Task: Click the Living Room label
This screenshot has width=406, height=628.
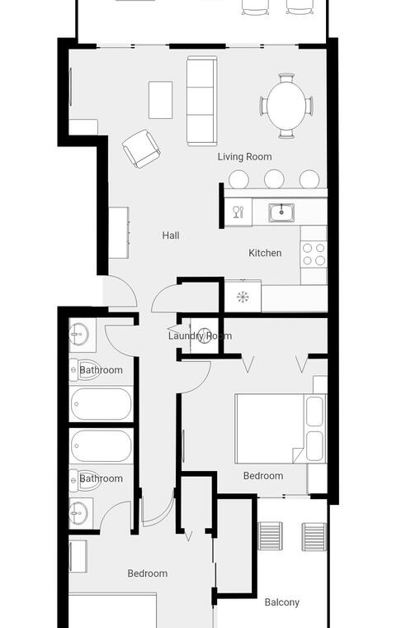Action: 244,157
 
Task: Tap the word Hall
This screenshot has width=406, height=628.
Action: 171,235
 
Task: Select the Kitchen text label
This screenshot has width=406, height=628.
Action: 265,253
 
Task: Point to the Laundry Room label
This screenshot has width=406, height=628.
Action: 200,336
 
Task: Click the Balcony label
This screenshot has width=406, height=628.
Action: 282,602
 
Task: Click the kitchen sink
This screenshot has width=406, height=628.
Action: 281,212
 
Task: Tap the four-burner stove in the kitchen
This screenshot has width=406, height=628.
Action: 314,255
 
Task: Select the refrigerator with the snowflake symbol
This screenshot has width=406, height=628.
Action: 243,297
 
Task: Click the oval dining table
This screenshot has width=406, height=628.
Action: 286,106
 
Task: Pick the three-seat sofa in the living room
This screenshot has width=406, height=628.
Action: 202,101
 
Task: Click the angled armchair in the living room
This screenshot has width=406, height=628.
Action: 141,149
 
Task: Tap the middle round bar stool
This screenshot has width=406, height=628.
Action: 274,179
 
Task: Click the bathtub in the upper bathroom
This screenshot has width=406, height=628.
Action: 101,404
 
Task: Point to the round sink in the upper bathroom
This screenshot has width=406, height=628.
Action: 78,334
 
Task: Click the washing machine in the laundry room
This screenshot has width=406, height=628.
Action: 205,335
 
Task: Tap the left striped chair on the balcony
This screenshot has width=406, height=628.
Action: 270,536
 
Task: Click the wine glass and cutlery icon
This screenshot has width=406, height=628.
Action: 238,212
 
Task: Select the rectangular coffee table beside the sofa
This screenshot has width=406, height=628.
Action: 160,100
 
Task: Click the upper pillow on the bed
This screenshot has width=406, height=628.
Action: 314,412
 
